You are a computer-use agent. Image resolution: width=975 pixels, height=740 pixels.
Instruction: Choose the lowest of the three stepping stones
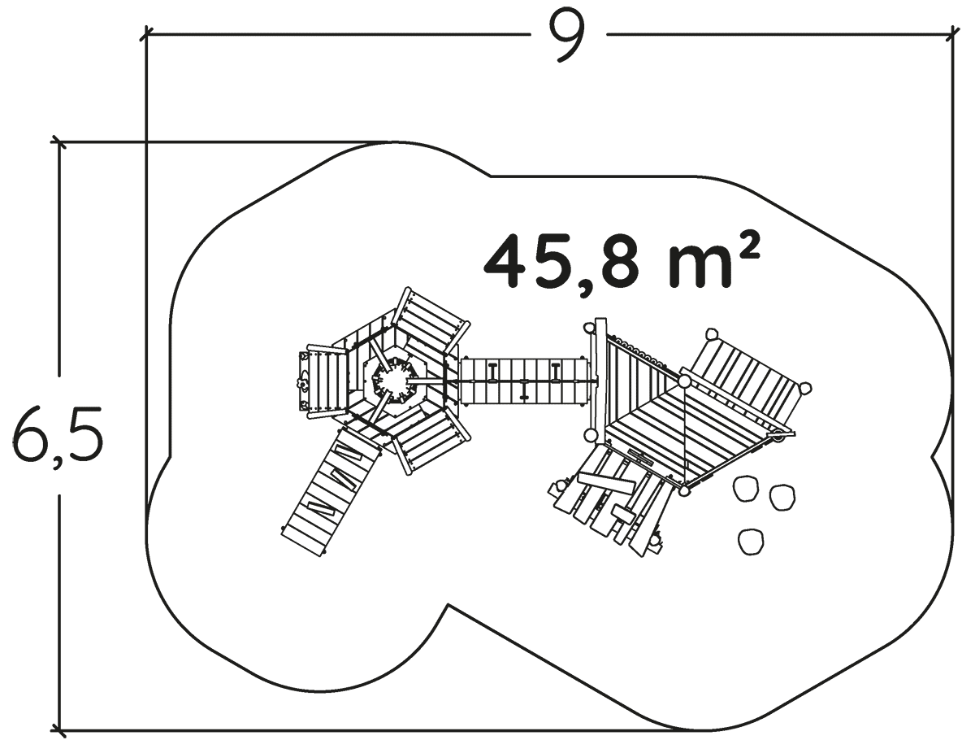(751, 542)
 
